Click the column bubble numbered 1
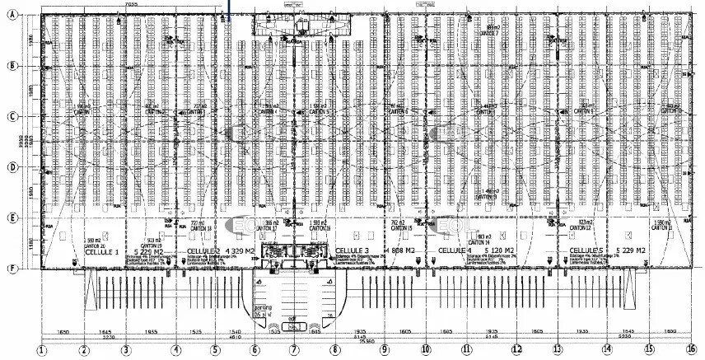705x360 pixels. [43, 349]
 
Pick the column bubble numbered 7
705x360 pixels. [294, 349]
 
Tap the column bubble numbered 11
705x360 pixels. [467, 349]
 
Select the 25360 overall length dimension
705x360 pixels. [362, 342]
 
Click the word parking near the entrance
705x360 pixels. [263, 306]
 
